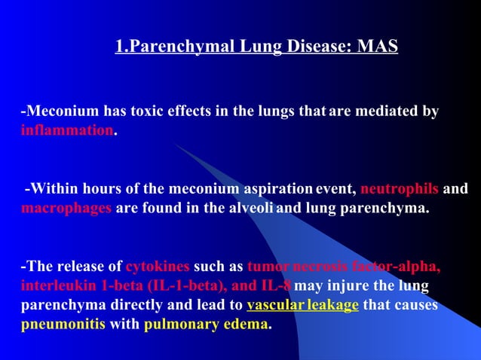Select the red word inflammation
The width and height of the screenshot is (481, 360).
click(66, 130)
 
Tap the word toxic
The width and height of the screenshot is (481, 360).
click(152, 112)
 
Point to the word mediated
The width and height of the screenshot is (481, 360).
click(388, 112)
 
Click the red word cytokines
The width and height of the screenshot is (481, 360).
click(158, 267)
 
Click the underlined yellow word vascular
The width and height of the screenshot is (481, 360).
click(273, 306)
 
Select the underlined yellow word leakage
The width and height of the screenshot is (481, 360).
click(330, 306)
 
